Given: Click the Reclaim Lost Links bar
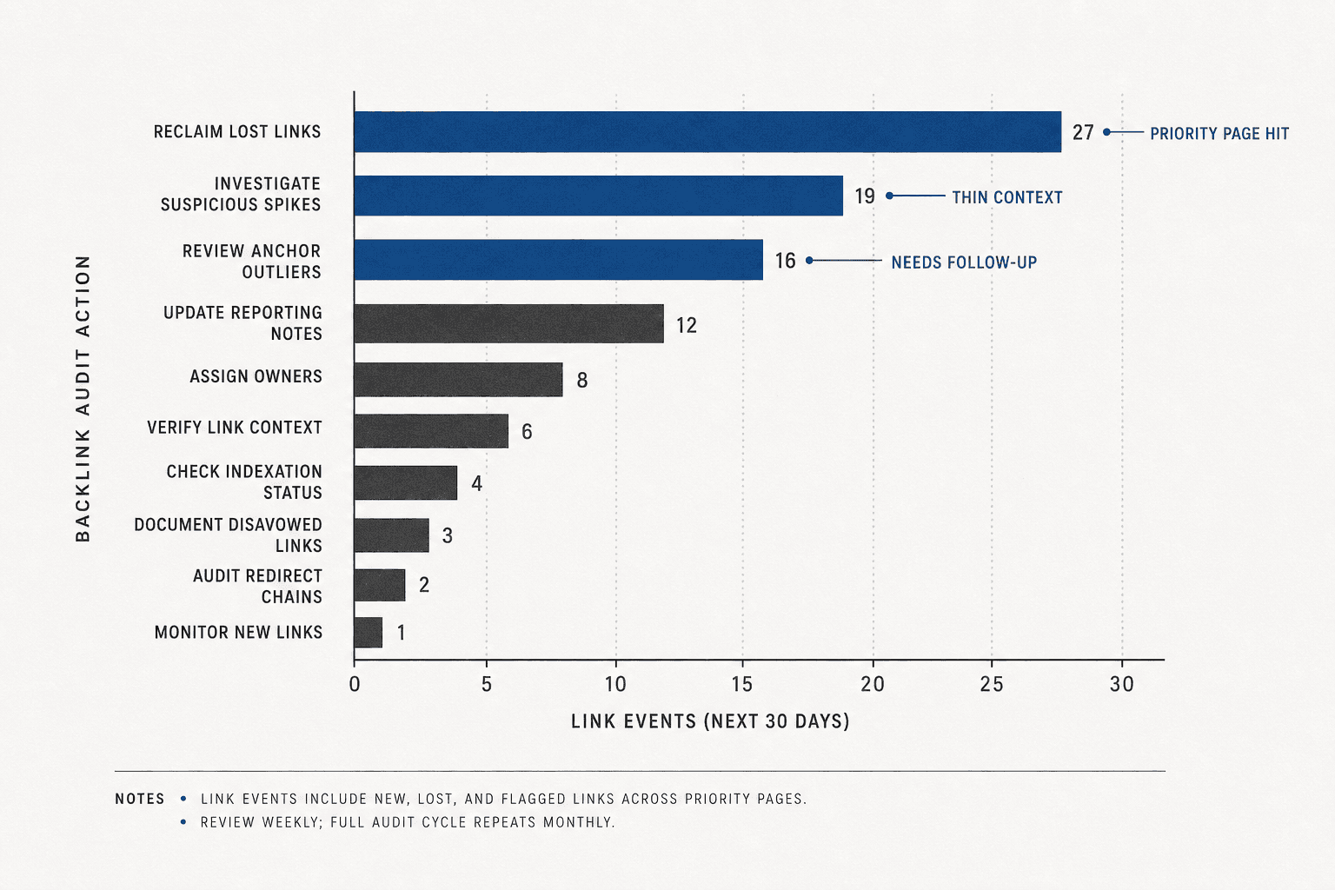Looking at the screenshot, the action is (x=707, y=132).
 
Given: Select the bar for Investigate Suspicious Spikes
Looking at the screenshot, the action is (x=598, y=196).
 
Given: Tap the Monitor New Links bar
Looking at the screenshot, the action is (x=369, y=633).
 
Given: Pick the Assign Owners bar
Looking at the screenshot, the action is (x=458, y=380).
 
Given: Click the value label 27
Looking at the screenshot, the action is (x=1083, y=132).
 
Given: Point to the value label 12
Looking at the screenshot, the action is (x=686, y=325).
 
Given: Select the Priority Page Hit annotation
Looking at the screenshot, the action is (x=1219, y=134).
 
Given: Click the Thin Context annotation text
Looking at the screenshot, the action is (x=1007, y=197).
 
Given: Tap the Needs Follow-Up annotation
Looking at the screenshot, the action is (x=964, y=262).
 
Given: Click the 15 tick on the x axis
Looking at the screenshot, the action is (x=742, y=684).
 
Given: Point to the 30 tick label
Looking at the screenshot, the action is (x=1122, y=684).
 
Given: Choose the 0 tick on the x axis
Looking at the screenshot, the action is (x=355, y=684).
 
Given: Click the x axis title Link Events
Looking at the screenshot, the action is (x=710, y=721).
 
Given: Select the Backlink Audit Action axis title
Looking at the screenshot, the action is (x=83, y=398).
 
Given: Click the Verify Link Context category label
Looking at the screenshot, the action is (x=234, y=428).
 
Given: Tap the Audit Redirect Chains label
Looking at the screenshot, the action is (x=257, y=586).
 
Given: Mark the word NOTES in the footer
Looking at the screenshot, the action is (x=139, y=799).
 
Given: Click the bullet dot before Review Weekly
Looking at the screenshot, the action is (x=183, y=822).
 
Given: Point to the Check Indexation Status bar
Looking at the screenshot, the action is (x=405, y=483).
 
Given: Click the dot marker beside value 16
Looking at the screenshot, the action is (x=809, y=261).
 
